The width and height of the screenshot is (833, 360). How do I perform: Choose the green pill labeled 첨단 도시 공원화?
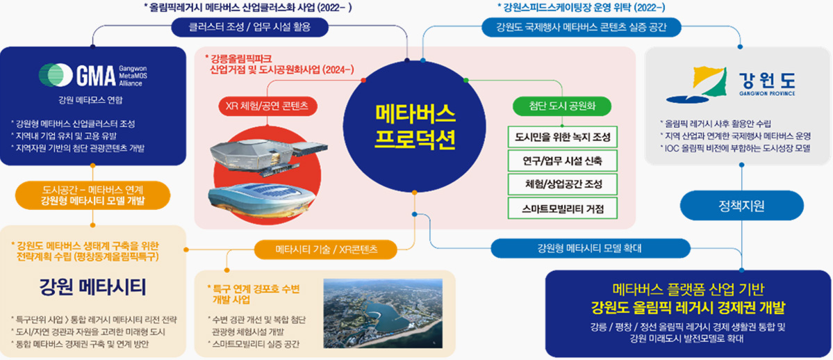tap(562, 105)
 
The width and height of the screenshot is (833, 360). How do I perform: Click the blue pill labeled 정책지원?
tap(741, 205)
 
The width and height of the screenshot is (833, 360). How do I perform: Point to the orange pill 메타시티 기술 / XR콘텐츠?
tap(327, 249)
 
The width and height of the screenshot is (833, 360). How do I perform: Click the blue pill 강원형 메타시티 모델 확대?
tap(589, 248)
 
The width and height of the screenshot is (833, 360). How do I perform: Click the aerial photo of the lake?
tap(383, 313)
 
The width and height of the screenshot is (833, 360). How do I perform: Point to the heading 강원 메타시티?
tap(92, 287)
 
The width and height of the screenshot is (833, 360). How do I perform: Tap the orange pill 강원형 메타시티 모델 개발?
tap(93, 195)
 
